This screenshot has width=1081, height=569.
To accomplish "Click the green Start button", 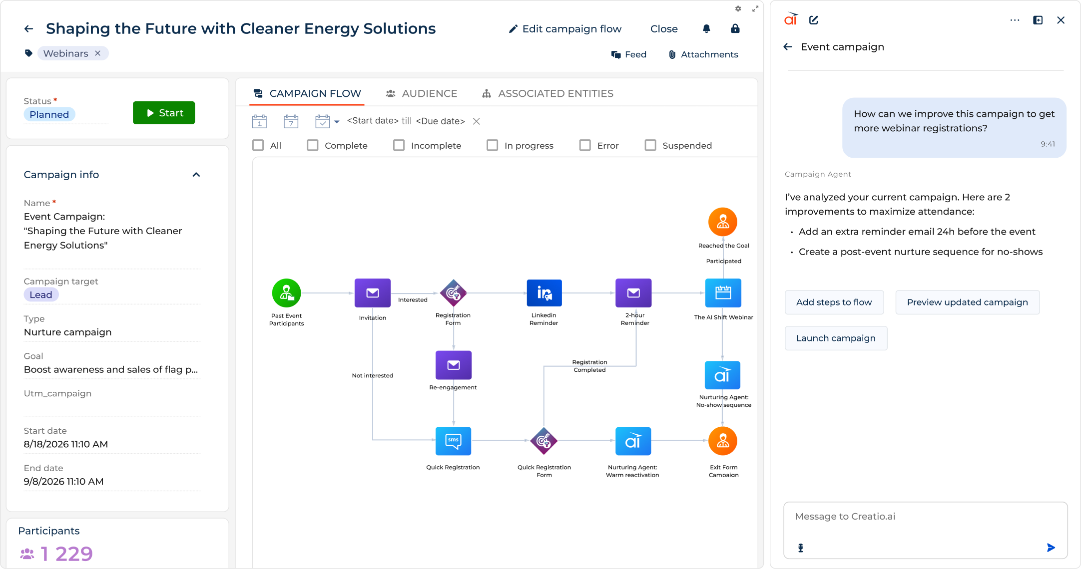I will pos(164,113).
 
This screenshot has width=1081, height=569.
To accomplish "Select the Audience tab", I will pos(422,93).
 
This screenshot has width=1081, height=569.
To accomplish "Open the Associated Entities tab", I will pos(547,93).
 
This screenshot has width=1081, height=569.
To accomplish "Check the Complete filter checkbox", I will pos(313,145).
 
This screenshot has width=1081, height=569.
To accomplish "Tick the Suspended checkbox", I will pos(650,145).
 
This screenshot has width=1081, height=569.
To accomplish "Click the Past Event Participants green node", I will pos(286,293).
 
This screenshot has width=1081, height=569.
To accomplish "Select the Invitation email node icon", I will pos(373,293).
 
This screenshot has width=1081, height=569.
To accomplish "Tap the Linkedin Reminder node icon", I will pos(544,293).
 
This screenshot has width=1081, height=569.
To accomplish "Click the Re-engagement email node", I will pos(454,365).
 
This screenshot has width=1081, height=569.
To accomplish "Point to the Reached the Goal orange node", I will pos(723,222).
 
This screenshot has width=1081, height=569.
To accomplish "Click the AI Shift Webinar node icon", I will pos(723,293).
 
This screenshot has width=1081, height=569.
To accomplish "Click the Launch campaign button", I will pos(836,338).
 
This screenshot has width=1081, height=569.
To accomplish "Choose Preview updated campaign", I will pos(967,302).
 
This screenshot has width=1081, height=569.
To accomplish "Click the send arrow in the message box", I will pos(1051,548).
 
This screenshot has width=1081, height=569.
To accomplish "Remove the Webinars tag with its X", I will pos(98,53).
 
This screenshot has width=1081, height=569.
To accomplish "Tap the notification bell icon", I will pos(706,29).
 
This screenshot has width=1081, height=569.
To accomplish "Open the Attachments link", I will pos(703,54).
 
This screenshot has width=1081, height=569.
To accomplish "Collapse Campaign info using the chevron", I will pos(196,175).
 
